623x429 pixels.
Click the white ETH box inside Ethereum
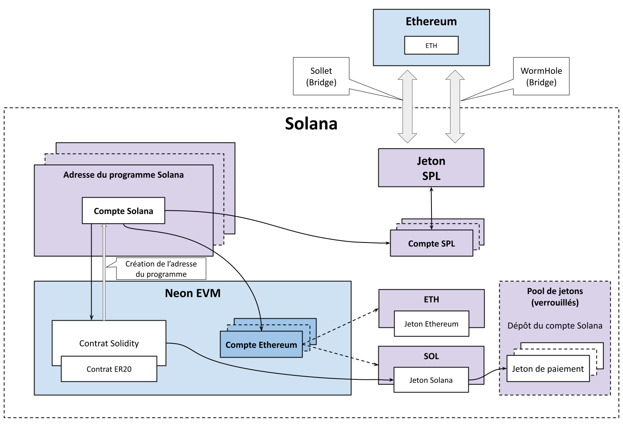click(431, 45)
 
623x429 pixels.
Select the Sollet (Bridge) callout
click(321, 76)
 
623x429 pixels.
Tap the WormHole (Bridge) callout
click(541, 76)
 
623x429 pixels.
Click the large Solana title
click(311, 124)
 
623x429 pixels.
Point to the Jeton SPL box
click(431, 168)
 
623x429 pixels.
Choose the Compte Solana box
click(123, 211)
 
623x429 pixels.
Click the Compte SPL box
click(431, 244)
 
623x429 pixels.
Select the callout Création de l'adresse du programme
click(161, 269)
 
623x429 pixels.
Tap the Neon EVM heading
click(193, 293)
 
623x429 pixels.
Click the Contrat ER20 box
click(109, 369)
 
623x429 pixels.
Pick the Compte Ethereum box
click(261, 345)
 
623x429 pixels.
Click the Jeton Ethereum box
click(431, 324)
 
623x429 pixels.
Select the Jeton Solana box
click(431, 380)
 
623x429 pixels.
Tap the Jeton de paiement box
click(548, 369)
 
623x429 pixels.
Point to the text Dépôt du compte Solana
click(555, 326)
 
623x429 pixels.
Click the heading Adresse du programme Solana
click(123, 175)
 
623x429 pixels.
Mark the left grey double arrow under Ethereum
click(407, 106)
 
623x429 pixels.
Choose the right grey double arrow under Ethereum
click(455, 106)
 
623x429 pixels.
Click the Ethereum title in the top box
click(431, 21)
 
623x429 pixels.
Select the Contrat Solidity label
click(109, 343)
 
